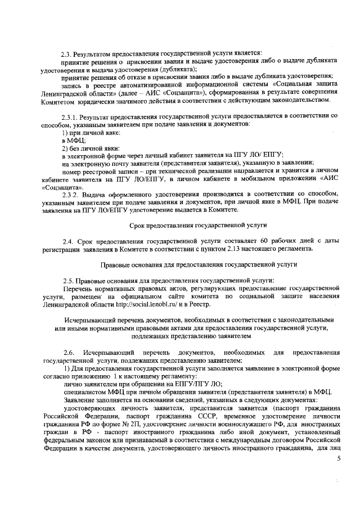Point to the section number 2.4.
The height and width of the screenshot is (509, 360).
[x=67, y=241]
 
